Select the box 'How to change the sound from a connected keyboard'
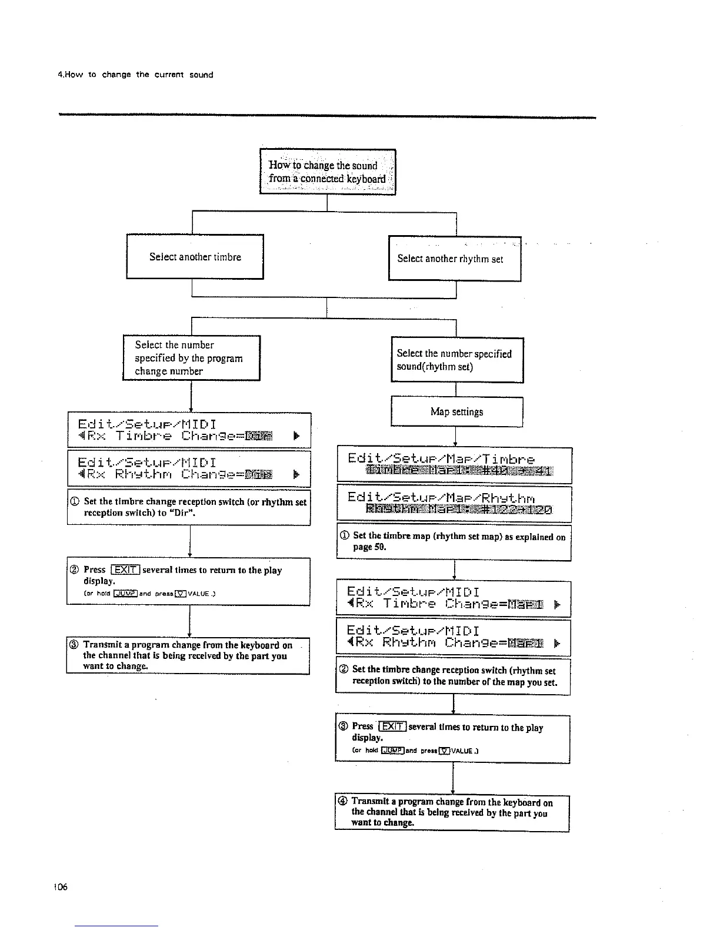pyautogui.click(x=328, y=172)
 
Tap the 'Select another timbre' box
pyautogui.click(x=195, y=257)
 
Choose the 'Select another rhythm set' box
pyautogui.click(x=454, y=259)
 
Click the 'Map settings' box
pyautogui.click(x=456, y=411)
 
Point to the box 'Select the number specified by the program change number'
pyautogui.click(x=191, y=358)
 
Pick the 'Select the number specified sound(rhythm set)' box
pyautogui.click(x=456, y=360)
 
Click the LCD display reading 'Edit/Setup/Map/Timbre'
pyautogui.click(x=454, y=465)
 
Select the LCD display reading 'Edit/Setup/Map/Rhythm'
pyautogui.click(x=454, y=503)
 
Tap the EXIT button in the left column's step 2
pyautogui.click(x=126, y=570)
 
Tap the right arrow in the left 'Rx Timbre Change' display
pyautogui.click(x=296, y=436)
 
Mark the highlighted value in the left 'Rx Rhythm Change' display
pyautogui.click(x=259, y=474)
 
